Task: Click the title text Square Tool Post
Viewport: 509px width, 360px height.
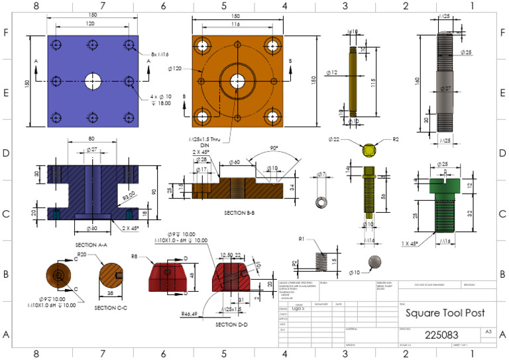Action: click(x=445, y=313)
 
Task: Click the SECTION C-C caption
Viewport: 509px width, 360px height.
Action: click(x=110, y=307)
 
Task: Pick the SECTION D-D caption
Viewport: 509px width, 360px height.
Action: click(x=233, y=324)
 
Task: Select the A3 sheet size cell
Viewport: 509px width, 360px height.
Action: click(x=488, y=331)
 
